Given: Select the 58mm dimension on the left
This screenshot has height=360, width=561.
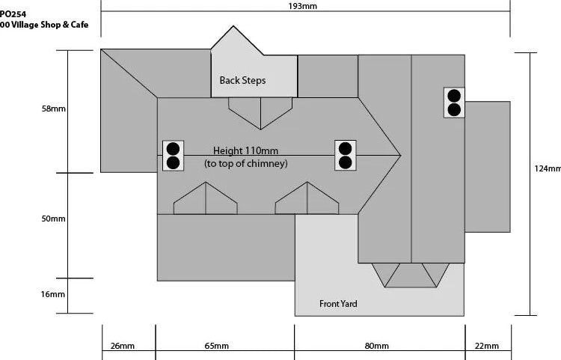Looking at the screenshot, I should pos(54,109).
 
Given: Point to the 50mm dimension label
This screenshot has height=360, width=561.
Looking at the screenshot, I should pos(54,219).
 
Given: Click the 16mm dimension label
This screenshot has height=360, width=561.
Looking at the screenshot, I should pos(54,294).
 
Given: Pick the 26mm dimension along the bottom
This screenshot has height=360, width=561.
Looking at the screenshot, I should pos(123,346).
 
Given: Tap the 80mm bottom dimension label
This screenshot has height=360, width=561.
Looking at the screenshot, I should pos(377,346).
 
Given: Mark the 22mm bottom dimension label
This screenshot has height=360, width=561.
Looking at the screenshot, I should pos(486,346).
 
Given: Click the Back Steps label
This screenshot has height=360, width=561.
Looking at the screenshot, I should pos(242,80).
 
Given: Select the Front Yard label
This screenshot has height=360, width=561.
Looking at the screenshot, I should pos(338,303).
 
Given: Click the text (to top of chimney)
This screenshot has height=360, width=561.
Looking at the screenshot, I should pos(245,163).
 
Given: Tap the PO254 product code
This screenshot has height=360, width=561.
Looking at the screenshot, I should pos(12,13).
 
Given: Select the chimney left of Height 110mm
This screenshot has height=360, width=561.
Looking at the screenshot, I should pos(173,155).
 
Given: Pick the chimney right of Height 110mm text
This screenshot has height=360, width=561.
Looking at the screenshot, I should pos(345,155).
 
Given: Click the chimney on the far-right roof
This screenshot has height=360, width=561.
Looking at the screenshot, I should pos(453,103).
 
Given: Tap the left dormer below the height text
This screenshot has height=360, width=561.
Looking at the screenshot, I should pos(205,200).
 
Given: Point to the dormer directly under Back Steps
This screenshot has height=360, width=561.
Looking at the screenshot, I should pos(260,112).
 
